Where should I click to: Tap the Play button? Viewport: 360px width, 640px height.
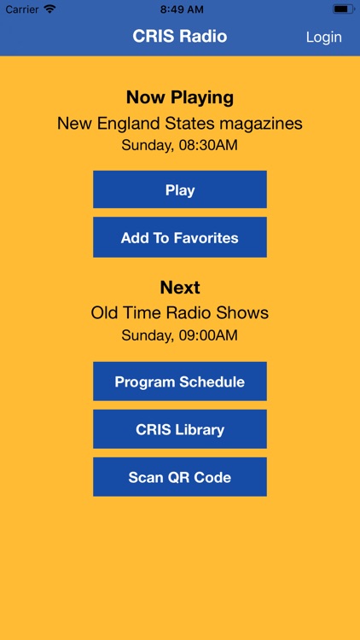pyautogui.click(x=180, y=190)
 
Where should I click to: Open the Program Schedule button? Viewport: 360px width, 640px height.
pyautogui.click(x=180, y=381)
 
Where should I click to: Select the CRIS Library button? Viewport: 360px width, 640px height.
pyautogui.click(x=180, y=429)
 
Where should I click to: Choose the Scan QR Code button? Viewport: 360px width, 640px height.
pyautogui.click(x=180, y=477)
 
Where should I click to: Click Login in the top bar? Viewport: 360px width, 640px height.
pyautogui.click(x=323, y=37)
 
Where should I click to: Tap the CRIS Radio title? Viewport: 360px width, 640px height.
pyautogui.click(x=180, y=37)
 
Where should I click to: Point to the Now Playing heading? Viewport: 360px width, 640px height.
pyautogui.click(x=180, y=97)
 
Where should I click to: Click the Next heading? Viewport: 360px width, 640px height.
pyautogui.click(x=180, y=288)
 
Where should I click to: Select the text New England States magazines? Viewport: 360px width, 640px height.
pyautogui.click(x=180, y=124)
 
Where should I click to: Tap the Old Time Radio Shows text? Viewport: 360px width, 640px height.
pyautogui.click(x=180, y=313)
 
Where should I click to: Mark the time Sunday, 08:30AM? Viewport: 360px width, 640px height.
pyautogui.click(x=180, y=145)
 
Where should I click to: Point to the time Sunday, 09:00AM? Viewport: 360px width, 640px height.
pyautogui.click(x=180, y=335)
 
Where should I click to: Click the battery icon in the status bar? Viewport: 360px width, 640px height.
pyautogui.click(x=343, y=9)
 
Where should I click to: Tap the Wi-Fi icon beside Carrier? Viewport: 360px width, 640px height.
pyautogui.click(x=49, y=9)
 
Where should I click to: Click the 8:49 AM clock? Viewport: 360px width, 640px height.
pyautogui.click(x=180, y=9)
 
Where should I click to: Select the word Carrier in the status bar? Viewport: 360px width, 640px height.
pyautogui.click(x=22, y=9)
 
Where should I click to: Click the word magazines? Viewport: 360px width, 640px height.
pyautogui.click(x=264, y=124)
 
